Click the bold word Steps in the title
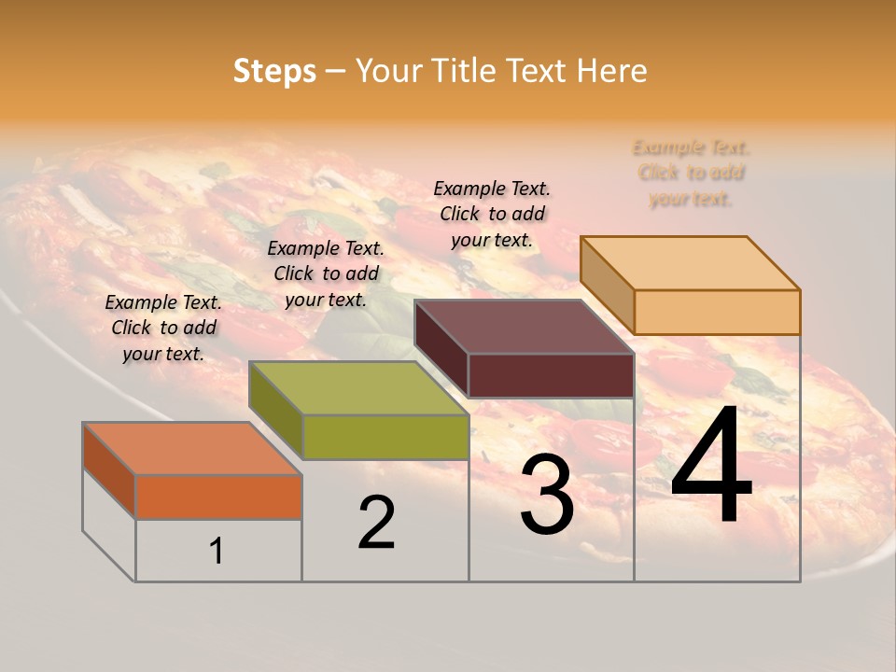[x=274, y=71]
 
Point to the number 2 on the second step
[x=377, y=523]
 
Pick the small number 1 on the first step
[x=217, y=552]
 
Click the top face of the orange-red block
[x=192, y=449]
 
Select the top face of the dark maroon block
[x=525, y=327]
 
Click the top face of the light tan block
[x=691, y=263]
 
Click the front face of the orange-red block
[x=218, y=497]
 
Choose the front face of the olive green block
[x=385, y=437]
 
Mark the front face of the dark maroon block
[x=551, y=375]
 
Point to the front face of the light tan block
[x=717, y=312]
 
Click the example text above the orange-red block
[x=163, y=328]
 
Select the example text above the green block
[x=326, y=273]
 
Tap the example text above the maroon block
[x=492, y=214]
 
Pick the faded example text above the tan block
[x=691, y=173]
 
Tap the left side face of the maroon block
[x=441, y=349]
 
